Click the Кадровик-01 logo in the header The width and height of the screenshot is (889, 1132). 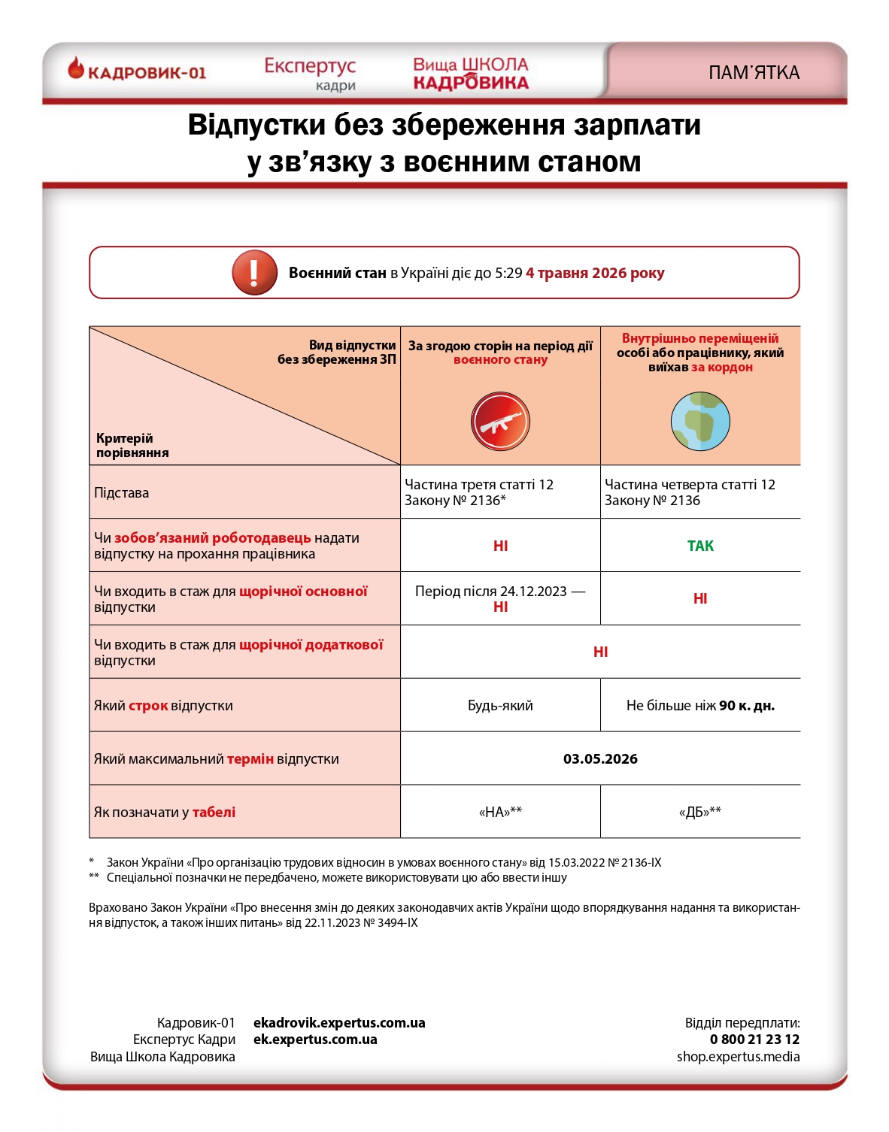[137, 71]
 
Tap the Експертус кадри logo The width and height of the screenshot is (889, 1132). [310, 73]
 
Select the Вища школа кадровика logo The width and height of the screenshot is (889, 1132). [471, 73]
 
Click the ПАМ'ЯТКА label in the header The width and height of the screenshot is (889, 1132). [754, 73]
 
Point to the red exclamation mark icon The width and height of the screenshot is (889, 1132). [254, 272]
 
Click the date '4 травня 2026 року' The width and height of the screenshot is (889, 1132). [595, 273]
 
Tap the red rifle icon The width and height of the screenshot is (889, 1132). [500, 422]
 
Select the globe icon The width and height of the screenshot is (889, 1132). [700, 421]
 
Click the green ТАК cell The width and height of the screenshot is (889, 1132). [700, 546]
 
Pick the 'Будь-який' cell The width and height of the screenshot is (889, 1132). [500, 706]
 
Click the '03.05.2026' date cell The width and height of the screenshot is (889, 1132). [600, 759]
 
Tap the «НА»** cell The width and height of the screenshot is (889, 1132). [500, 812]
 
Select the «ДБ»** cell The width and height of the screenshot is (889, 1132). [700, 812]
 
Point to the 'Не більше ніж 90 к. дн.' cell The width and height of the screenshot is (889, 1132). [700, 706]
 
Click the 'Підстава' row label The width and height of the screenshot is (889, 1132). [122, 493]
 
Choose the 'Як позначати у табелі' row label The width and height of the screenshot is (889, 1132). [165, 813]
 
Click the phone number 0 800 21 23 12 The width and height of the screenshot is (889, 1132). [754, 1040]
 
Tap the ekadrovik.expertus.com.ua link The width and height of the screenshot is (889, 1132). [339, 1023]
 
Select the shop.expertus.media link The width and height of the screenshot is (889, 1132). [738, 1057]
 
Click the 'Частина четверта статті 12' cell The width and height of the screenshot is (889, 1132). [690, 492]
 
